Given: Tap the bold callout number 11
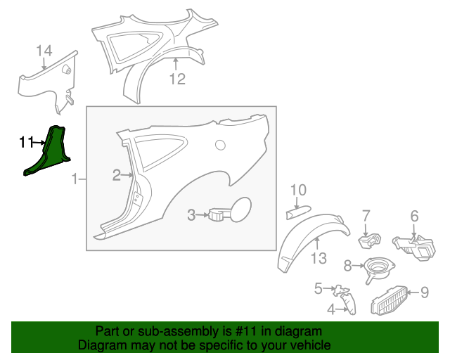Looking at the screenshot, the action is click(x=27, y=142).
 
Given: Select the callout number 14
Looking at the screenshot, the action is click(x=44, y=51).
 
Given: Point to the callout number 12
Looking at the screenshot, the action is click(x=177, y=79).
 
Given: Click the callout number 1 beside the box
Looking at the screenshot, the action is click(x=75, y=179).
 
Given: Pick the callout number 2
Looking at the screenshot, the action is click(x=117, y=175).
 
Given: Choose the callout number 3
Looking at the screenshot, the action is click(x=191, y=214).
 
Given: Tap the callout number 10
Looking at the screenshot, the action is click(x=298, y=190).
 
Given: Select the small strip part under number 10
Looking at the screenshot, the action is click(x=298, y=212).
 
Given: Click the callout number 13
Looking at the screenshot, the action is click(x=319, y=258).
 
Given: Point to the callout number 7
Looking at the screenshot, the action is click(x=366, y=216).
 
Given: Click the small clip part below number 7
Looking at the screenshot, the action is click(x=370, y=240).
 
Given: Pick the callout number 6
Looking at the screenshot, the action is click(x=414, y=216).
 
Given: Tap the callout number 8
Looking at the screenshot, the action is click(x=347, y=266).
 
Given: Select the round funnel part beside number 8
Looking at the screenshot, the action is click(x=379, y=269).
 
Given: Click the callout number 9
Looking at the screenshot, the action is click(x=425, y=292).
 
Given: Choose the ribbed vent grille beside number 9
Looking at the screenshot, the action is click(x=389, y=300).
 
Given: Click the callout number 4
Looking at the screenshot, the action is click(x=331, y=309).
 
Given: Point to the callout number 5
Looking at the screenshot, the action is click(x=319, y=288).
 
